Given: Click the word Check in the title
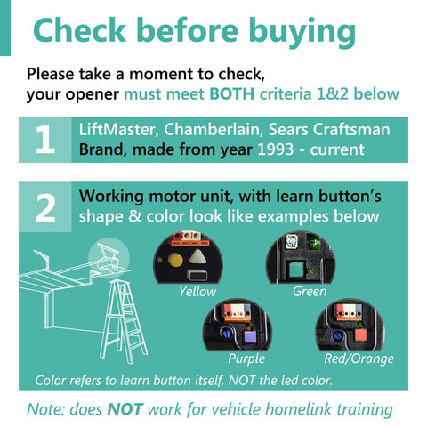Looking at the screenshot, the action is (x=80, y=30).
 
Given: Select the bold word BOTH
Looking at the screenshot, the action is (x=232, y=94).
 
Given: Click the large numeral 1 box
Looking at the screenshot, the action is (x=45, y=140).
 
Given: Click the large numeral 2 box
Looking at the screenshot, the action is (x=45, y=207).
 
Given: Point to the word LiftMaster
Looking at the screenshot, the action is (x=117, y=130).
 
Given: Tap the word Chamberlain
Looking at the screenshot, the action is (x=213, y=130).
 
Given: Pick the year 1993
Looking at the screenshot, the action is (x=276, y=149).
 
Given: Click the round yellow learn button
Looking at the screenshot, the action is (x=175, y=261).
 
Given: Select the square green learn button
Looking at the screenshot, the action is (x=295, y=269).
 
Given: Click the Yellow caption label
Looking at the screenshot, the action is (x=197, y=292).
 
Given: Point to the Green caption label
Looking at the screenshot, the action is (x=310, y=292).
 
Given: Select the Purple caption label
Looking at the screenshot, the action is (x=246, y=359).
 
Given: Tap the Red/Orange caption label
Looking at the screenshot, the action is (x=359, y=359).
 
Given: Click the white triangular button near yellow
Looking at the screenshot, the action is (x=197, y=256).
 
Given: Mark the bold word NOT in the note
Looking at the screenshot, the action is (x=125, y=409).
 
